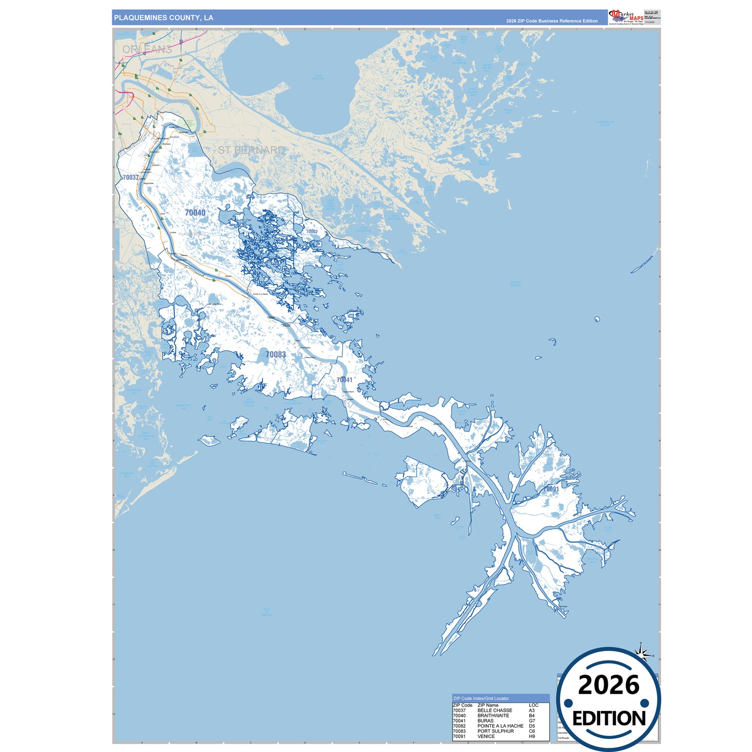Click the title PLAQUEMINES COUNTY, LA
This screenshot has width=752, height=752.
pyautogui.click(x=163, y=18)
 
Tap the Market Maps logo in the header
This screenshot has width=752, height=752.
pyautogui.click(x=626, y=17)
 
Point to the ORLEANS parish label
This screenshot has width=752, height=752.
pyautogui.click(x=147, y=49)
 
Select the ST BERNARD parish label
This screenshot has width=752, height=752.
pyautogui.click(x=251, y=150)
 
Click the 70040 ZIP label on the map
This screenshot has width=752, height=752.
pyautogui.click(x=195, y=212)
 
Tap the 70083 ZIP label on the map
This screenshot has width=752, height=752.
pyautogui.click(x=275, y=354)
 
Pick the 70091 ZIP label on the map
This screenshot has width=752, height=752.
pyautogui.click(x=551, y=489)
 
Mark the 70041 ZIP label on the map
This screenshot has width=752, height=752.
pyautogui.click(x=344, y=380)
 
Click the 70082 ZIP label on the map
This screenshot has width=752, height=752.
pyautogui.click(x=312, y=232)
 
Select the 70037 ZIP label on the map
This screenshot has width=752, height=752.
pyautogui.click(x=131, y=177)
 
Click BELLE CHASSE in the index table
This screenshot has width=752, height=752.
pyautogui.click(x=494, y=710)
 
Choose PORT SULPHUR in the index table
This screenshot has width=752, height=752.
pyautogui.click(x=495, y=731)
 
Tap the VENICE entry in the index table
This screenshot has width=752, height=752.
pyautogui.click(x=486, y=736)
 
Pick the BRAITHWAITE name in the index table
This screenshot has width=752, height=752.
pyautogui.click(x=493, y=716)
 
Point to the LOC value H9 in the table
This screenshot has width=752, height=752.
pyautogui.click(x=532, y=736)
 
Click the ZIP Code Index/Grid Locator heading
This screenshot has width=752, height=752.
pyautogui.click(x=481, y=698)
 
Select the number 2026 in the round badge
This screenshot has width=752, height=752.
pyautogui.click(x=608, y=685)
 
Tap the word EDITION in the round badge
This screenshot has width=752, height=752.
pyautogui.click(x=609, y=719)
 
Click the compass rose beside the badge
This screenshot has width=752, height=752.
pyautogui.click(x=643, y=653)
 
